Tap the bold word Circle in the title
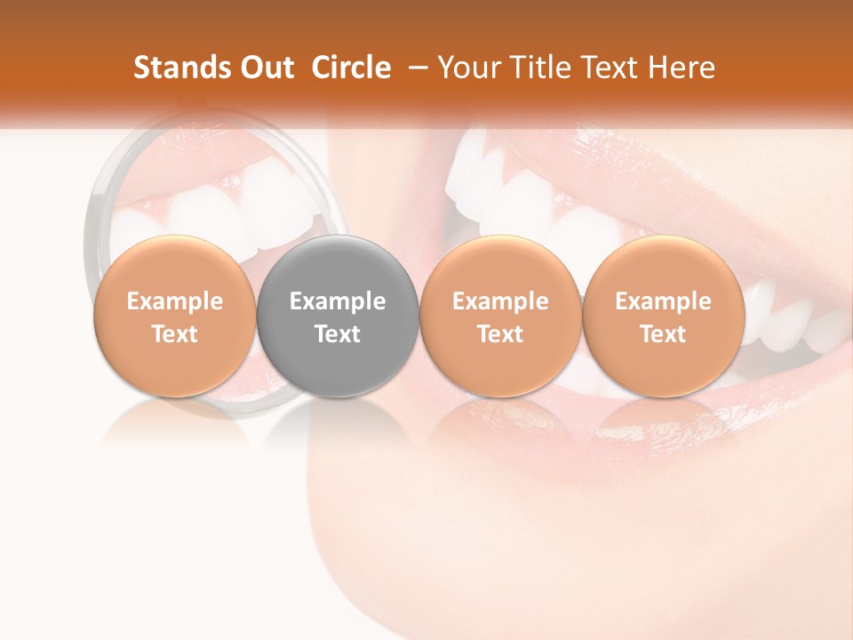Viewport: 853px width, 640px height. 351,68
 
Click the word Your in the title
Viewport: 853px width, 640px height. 466,68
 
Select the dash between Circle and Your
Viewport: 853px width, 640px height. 416,68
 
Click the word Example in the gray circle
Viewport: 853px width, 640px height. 338,301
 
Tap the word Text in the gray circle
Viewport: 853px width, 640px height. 338,334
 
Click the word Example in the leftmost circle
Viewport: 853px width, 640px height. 174,301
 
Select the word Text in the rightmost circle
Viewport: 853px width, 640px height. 663,334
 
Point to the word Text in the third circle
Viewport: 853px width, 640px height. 500,334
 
